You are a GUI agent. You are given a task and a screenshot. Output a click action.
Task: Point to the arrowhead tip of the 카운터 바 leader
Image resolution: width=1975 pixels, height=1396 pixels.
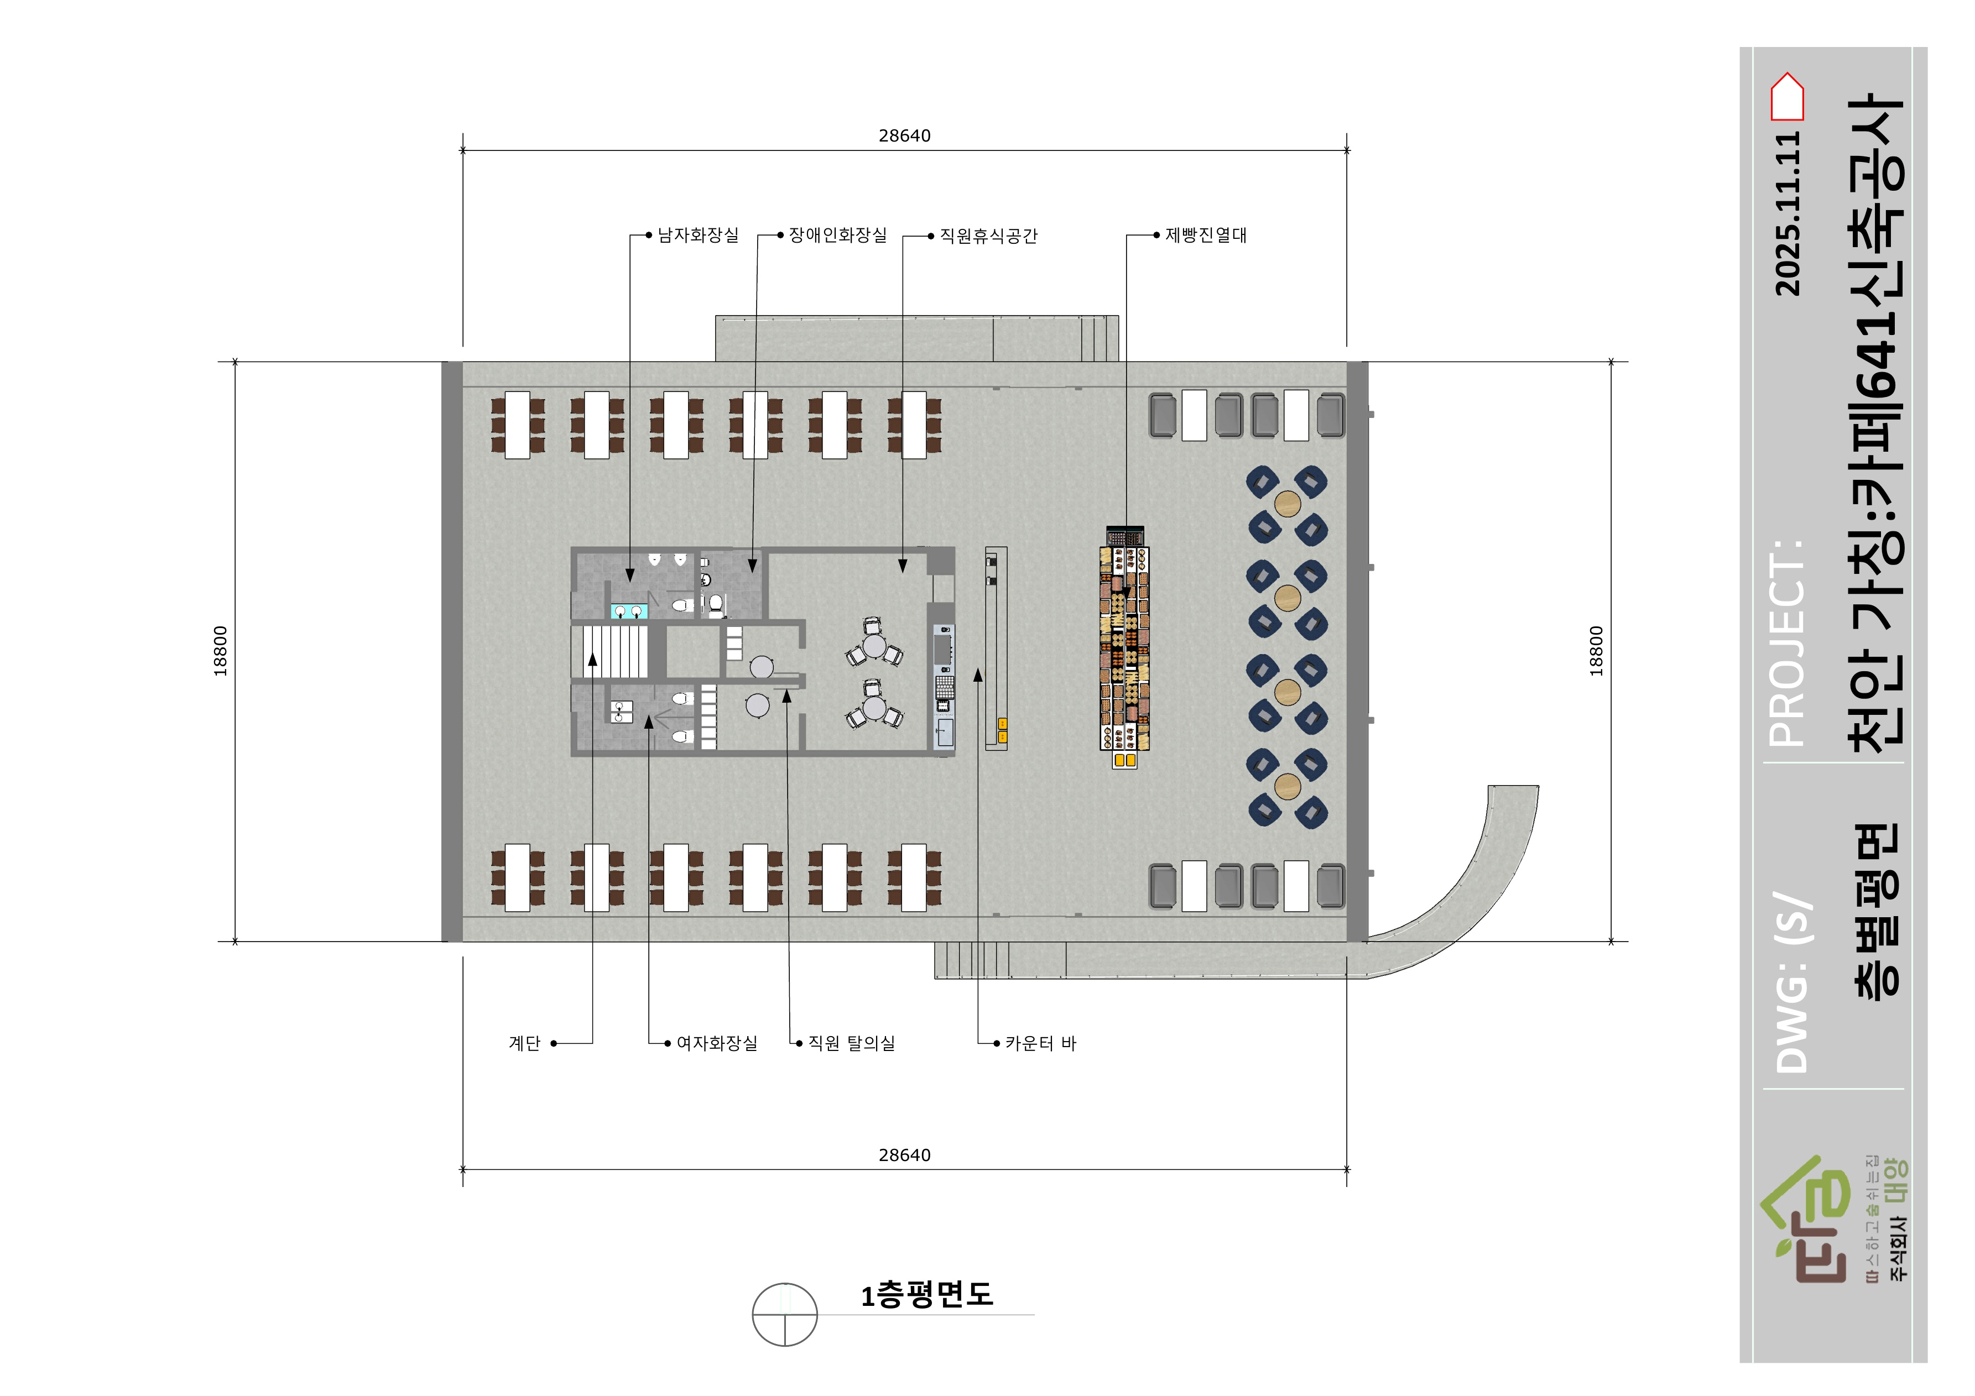tap(978, 669)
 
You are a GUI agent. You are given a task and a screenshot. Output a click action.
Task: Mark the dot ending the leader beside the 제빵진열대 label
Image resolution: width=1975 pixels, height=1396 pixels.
tap(1157, 235)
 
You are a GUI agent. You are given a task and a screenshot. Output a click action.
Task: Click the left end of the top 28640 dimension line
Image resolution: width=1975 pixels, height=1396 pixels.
tap(463, 150)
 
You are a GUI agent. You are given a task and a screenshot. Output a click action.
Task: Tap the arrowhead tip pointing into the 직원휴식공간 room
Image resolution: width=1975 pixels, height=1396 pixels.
tap(903, 572)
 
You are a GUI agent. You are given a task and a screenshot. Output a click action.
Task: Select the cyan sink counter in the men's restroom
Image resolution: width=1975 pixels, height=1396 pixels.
tap(627, 611)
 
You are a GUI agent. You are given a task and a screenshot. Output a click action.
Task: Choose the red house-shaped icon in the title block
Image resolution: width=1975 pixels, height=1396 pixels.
tap(1786, 96)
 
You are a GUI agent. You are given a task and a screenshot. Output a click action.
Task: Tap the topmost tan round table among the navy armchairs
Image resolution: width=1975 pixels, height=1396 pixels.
tap(1288, 503)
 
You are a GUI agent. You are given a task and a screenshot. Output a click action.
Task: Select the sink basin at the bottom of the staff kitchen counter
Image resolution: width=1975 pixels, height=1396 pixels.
tap(945, 733)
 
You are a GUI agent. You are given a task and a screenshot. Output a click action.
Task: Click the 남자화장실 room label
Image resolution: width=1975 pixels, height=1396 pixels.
tap(697, 235)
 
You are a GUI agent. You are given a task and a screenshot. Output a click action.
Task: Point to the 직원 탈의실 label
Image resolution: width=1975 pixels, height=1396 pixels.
tap(852, 1043)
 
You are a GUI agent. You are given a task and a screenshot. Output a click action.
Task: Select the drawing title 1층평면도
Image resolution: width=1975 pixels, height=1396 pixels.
tap(927, 1294)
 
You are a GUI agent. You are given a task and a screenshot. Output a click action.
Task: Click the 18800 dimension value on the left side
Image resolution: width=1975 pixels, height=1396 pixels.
tap(221, 651)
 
